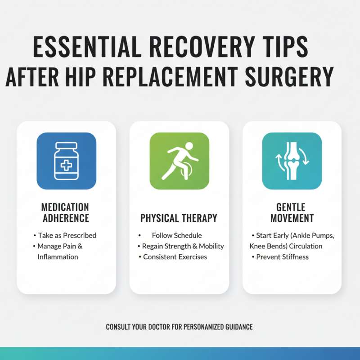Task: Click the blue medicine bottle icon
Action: [66, 161]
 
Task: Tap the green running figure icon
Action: [179, 161]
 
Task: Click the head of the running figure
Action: [189, 146]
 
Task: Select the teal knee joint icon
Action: [292, 161]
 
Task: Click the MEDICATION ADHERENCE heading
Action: [65, 213]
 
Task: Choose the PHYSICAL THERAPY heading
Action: [179, 218]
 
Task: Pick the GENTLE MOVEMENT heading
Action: [292, 213]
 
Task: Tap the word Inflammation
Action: [58, 256]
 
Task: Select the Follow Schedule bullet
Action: [177, 235]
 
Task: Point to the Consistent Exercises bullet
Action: [175, 256]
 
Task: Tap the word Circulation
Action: [306, 246]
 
